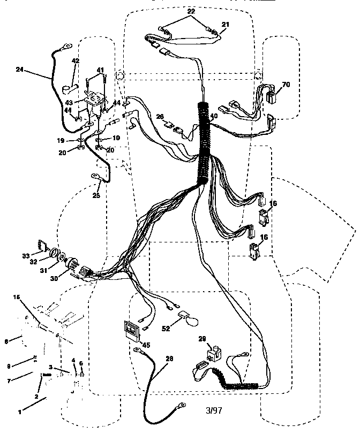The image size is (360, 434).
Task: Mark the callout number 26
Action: (160, 117)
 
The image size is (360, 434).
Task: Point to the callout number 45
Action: (146, 345)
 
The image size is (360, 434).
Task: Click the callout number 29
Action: (202, 339)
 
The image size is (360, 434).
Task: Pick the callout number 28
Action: (169, 359)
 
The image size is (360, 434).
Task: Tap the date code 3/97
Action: (213, 410)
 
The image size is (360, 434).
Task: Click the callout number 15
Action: (16, 297)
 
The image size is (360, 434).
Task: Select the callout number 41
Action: (100, 70)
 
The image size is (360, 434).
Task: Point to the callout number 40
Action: (214, 116)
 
